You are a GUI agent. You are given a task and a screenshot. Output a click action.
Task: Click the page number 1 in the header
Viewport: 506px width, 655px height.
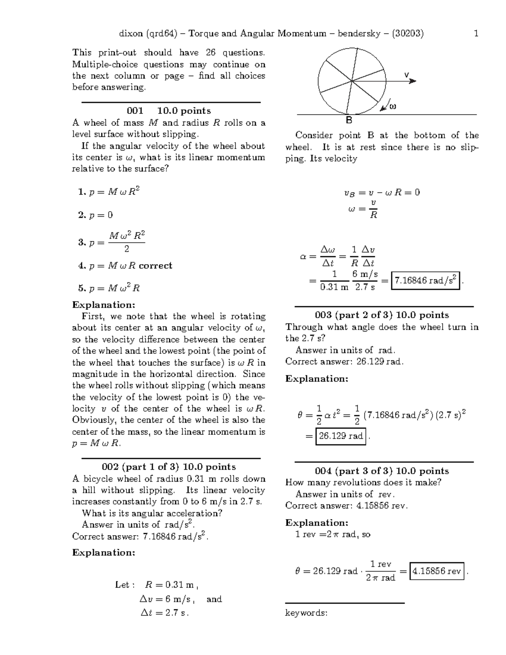pyautogui.click(x=476, y=34)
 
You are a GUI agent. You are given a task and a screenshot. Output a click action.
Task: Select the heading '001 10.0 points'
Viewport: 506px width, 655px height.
pyautogui.click(x=169, y=111)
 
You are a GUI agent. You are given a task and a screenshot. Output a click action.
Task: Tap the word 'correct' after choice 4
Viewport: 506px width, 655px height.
pyautogui.click(x=156, y=266)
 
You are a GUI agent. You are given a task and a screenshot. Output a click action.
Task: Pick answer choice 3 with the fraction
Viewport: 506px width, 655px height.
pyautogui.click(x=112, y=242)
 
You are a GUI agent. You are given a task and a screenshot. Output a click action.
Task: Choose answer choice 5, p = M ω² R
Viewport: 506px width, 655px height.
pyautogui.click(x=109, y=288)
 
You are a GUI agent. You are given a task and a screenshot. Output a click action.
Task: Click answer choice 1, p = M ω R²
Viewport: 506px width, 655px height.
pyautogui.click(x=109, y=192)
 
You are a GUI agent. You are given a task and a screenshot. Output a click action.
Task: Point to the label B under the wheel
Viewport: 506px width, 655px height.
pyautogui.click(x=349, y=121)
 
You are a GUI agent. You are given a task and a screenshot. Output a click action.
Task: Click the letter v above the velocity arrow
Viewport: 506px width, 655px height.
pyautogui.click(x=406, y=75)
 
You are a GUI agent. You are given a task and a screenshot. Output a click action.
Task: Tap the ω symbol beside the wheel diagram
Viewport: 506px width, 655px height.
pyautogui.click(x=393, y=106)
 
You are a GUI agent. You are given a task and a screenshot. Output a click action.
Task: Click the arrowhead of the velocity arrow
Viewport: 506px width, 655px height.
pyautogui.click(x=413, y=81)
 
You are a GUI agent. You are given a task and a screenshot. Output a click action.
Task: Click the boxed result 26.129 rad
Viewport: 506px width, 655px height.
pyautogui.click(x=341, y=436)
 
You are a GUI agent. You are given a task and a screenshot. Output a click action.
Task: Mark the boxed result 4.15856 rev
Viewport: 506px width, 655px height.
pyautogui.click(x=436, y=571)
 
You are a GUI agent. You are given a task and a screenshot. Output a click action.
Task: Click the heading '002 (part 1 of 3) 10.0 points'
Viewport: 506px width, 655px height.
pyautogui.click(x=169, y=467)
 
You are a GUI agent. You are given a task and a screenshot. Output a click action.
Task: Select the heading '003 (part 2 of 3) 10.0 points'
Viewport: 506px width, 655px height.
pyautogui.click(x=382, y=315)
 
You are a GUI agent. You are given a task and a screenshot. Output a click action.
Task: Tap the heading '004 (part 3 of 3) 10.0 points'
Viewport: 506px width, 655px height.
pyautogui.click(x=382, y=471)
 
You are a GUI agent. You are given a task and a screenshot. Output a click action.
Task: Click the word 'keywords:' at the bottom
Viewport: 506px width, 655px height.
pyautogui.click(x=306, y=613)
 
